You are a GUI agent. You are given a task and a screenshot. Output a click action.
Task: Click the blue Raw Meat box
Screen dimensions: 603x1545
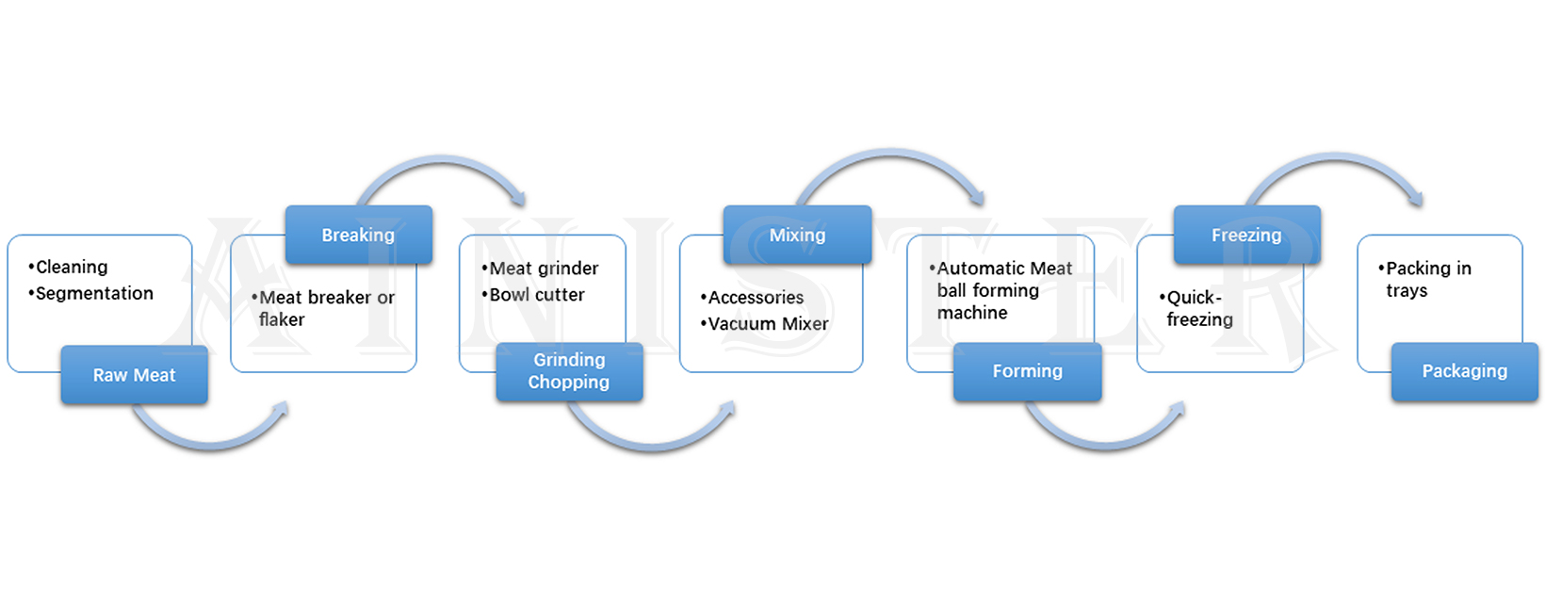point(134,375)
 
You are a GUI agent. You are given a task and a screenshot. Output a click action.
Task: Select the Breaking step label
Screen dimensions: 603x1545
point(358,235)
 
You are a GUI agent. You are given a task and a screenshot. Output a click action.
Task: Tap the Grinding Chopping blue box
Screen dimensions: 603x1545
point(569,371)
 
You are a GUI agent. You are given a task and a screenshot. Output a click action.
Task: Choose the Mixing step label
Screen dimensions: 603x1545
point(797,235)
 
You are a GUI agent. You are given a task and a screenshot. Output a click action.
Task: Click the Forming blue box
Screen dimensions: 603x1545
point(1027,371)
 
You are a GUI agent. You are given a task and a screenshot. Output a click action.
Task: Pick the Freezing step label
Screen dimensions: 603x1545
point(1246,235)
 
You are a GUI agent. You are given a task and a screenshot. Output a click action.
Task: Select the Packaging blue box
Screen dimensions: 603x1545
point(1464,371)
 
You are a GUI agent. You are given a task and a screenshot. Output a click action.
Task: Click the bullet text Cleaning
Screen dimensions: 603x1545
point(72,268)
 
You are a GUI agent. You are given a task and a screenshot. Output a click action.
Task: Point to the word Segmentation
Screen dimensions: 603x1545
point(94,294)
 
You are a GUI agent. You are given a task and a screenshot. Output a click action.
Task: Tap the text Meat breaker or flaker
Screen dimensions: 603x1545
point(325,308)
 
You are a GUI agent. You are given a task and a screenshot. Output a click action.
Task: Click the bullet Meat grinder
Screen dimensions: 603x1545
point(544,269)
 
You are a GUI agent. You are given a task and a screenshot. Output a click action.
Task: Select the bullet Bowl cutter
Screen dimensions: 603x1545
point(537,295)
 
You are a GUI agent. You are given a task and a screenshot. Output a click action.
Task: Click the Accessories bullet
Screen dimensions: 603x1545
point(756,298)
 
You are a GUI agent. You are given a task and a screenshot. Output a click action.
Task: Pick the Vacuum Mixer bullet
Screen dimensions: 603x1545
point(768,324)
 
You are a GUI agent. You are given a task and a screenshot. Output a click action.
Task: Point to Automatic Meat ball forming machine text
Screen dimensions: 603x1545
point(1002,290)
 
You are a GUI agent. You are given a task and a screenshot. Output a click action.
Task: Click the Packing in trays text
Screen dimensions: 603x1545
point(1427,280)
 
